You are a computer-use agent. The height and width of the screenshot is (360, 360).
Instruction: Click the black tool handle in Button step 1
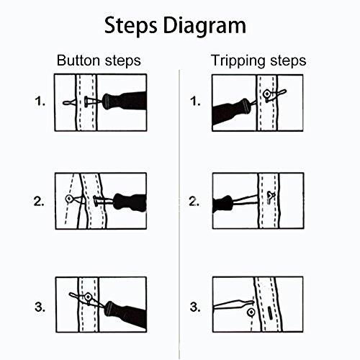tap(125, 101)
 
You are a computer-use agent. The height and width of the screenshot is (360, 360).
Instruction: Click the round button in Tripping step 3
tap(251, 311)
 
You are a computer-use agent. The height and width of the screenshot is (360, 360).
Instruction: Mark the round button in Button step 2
tap(69, 198)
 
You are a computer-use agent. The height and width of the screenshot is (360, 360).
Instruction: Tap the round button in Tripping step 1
tap(266, 93)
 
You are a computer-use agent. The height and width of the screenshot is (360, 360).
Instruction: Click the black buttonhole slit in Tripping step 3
tap(272, 312)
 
